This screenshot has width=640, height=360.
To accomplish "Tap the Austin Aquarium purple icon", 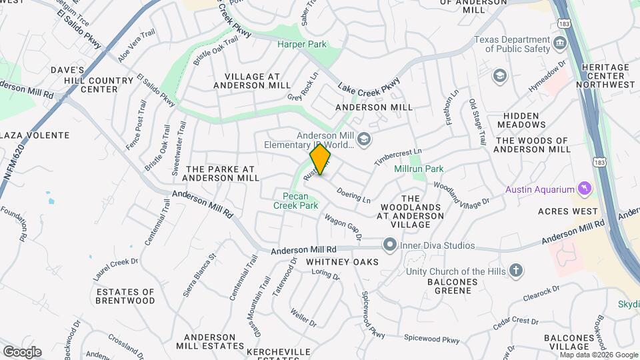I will click(585, 189).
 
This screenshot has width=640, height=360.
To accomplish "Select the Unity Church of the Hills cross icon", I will click(515, 271).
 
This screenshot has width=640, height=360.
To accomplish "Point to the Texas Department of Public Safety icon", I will click(560, 44).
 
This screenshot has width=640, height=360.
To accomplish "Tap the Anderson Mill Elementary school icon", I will click(364, 139).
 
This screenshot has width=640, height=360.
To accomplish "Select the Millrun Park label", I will click(419, 169).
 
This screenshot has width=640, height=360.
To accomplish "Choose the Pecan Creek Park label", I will click(295, 201).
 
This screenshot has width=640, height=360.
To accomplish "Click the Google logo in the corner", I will click(22, 351).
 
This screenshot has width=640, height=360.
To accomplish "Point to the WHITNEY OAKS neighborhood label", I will click(342, 262).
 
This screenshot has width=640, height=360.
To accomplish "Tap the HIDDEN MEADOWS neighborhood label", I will click(521, 120).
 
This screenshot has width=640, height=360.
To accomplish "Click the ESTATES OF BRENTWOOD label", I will click(125, 296).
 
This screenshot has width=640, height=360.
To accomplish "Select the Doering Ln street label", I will click(354, 195).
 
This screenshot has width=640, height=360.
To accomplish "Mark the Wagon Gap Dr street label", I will click(343, 227).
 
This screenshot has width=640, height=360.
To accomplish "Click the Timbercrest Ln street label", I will click(398, 158).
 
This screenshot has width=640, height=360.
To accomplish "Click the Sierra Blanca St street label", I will click(200, 275).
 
